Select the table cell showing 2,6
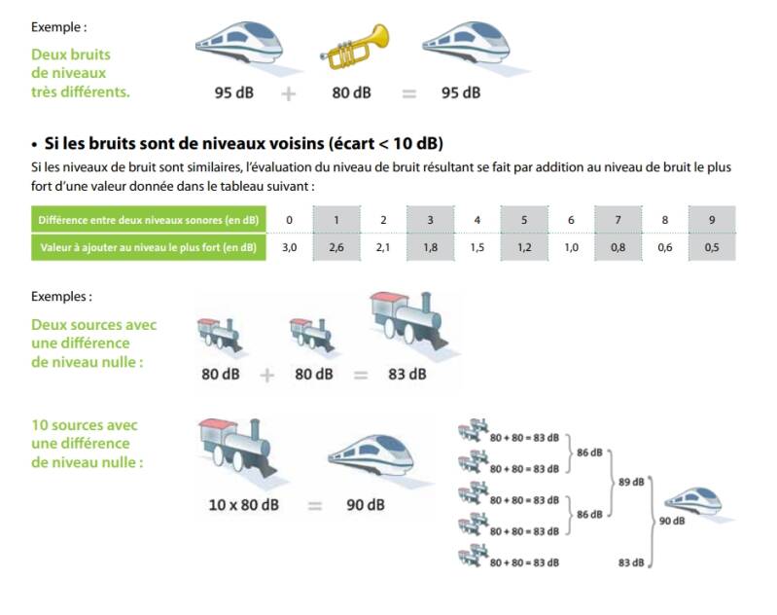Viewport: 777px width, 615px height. (336, 248)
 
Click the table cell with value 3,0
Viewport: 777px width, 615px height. (289, 248)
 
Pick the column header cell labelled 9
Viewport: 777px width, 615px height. (712, 220)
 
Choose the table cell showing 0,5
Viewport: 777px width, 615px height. (712, 248)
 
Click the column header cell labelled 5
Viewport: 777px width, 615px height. (523, 220)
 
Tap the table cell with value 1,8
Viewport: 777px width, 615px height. (430, 248)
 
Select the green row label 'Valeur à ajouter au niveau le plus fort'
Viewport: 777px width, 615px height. (148, 248)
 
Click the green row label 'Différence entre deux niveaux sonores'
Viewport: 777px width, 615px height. (148, 220)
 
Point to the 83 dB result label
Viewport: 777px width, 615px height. (406, 374)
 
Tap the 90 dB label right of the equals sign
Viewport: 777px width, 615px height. (365, 505)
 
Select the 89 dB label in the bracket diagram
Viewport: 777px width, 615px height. (631, 482)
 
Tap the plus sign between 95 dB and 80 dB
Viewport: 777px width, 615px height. (289, 94)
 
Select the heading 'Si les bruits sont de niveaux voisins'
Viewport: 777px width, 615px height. (243, 143)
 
